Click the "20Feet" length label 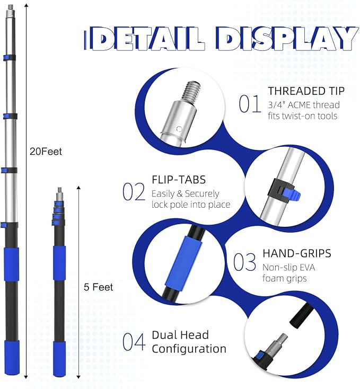[46, 152]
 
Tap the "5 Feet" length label [98, 287]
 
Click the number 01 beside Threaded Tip [250, 104]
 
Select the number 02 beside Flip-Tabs [134, 192]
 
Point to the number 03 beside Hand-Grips [244, 262]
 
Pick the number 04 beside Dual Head [134, 342]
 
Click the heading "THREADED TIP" [306, 91]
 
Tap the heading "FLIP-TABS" [179, 180]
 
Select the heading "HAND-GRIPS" [297, 253]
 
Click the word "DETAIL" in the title [147, 39]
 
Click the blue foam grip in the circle [183, 263]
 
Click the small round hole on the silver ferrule [179, 129]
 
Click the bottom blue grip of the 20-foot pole [12, 357]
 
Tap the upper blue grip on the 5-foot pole [59, 263]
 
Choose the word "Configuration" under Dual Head [189, 349]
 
